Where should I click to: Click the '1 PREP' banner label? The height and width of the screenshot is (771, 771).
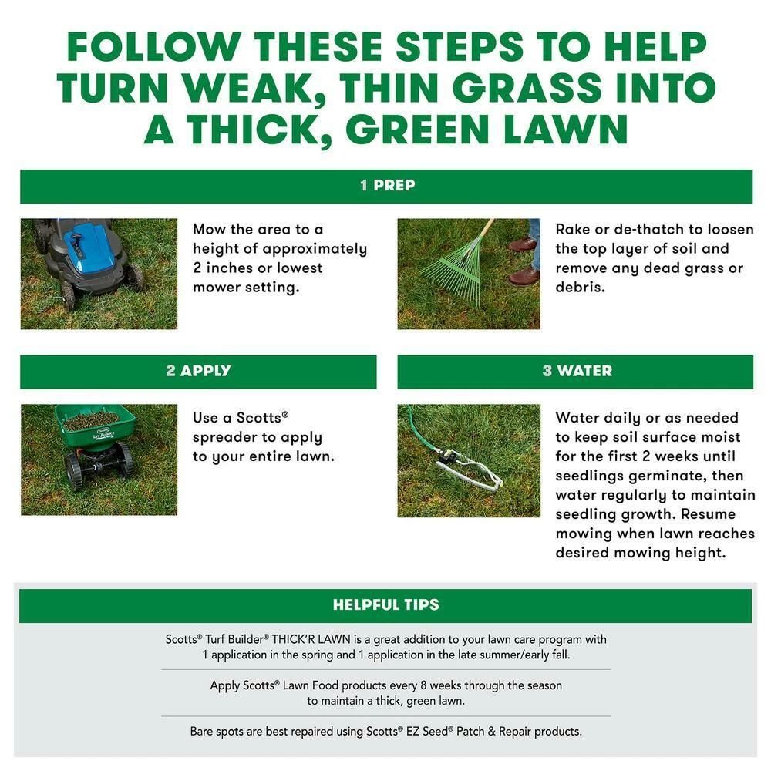tap(387, 185)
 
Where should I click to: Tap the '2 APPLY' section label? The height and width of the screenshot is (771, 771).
tap(198, 371)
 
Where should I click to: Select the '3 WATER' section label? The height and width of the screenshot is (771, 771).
tap(577, 371)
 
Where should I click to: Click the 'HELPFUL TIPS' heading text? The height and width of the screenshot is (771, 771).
tap(386, 604)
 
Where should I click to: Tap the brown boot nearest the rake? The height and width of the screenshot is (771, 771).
tap(524, 276)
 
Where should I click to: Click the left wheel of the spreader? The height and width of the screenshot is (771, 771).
tap(75, 470)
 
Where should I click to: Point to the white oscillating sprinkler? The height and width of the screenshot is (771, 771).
tap(470, 470)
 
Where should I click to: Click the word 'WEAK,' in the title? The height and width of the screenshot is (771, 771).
tap(254, 89)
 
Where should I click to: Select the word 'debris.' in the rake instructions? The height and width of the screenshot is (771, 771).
tap(581, 287)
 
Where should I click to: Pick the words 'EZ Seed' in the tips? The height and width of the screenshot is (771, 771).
tap(427, 731)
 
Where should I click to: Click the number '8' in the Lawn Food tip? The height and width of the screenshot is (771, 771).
tap(423, 685)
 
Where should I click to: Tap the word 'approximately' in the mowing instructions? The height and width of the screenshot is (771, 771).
tap(315, 249)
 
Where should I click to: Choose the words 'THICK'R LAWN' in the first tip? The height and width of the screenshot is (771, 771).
tap(311, 639)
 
